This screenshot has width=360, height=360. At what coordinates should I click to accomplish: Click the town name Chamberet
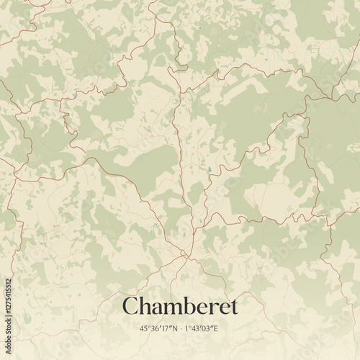click(x=179, y=306)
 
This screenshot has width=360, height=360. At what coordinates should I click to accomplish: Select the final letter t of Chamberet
click(x=233, y=307)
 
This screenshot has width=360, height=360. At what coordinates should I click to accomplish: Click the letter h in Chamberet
click(x=144, y=305)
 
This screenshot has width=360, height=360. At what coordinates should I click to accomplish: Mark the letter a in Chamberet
click(x=156, y=307)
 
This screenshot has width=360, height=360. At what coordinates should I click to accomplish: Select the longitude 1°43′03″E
click(x=201, y=329)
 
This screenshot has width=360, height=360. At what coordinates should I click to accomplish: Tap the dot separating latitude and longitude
click(x=180, y=329)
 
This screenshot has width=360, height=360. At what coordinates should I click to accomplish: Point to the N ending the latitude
click(x=174, y=329)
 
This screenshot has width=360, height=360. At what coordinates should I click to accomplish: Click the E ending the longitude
click(x=215, y=329)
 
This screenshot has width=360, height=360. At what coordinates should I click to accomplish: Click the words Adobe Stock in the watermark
click(x=8, y=338)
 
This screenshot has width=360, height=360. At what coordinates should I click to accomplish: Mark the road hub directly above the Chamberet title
click(x=185, y=253)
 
